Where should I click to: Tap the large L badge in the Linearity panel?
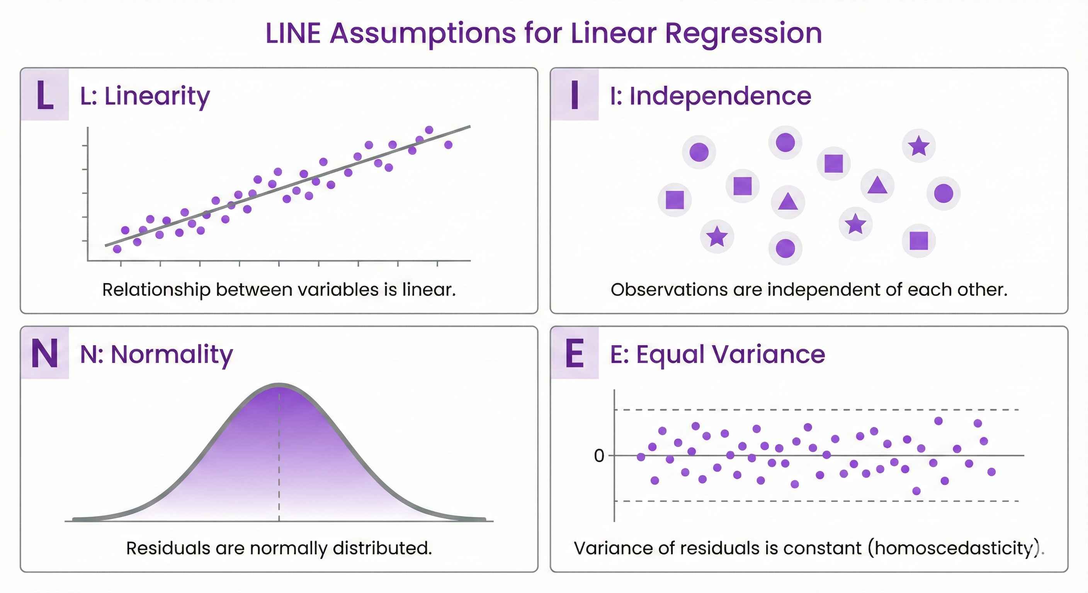pyautogui.click(x=45, y=95)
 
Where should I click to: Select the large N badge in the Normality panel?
pyautogui.click(x=45, y=353)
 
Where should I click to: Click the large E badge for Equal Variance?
pyautogui.click(x=575, y=353)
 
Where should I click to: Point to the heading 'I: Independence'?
pyautogui.click(x=711, y=96)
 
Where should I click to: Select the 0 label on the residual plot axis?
pyautogui.click(x=599, y=456)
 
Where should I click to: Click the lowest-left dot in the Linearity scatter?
pyautogui.click(x=117, y=249)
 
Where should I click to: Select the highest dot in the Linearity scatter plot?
pyautogui.click(x=429, y=130)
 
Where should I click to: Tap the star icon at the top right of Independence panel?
pyautogui.click(x=919, y=146)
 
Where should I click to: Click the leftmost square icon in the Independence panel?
pyautogui.click(x=675, y=200)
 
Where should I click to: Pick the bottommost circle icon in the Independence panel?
pyautogui.click(x=785, y=248)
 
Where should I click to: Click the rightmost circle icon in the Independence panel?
pyautogui.click(x=943, y=194)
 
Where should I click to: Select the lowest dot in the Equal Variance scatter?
pyautogui.click(x=916, y=491)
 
